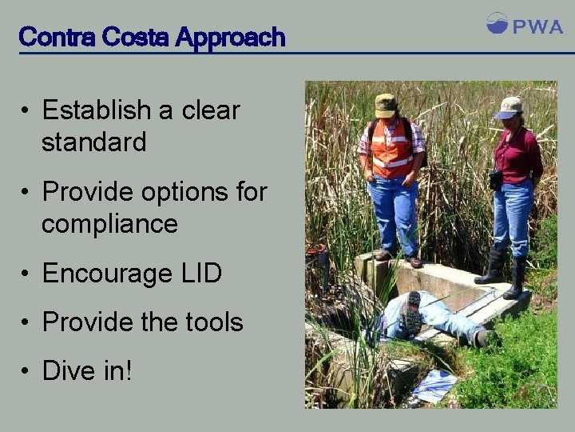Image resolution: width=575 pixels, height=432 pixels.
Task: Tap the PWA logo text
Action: (537, 27)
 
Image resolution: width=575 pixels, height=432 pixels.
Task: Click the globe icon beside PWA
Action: (497, 23)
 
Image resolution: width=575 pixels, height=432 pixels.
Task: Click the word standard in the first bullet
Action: (93, 142)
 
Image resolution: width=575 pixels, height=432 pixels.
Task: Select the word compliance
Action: (109, 224)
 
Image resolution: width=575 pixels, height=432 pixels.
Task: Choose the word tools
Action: (211, 322)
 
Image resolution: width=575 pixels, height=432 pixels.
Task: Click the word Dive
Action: (67, 370)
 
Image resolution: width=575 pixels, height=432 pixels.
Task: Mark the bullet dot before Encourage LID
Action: (26, 274)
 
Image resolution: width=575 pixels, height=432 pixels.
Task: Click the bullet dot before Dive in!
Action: (26, 371)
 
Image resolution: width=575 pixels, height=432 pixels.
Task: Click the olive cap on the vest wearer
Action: (386, 104)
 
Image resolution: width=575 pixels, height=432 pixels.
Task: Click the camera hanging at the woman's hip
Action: (496, 179)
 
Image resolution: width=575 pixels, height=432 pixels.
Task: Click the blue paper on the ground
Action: (436, 386)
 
